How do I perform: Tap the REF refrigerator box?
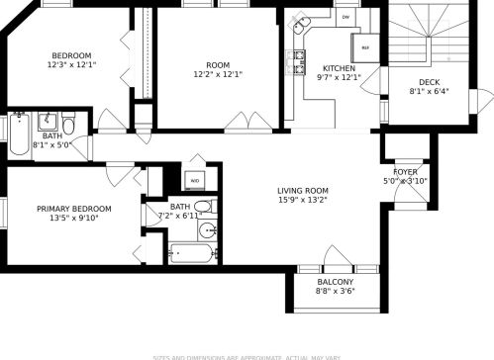pyautogui.click(x=365, y=46)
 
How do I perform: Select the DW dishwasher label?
pyautogui.click(x=346, y=18)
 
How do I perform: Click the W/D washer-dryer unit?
pyautogui.click(x=194, y=181)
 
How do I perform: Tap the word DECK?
pyautogui.click(x=430, y=82)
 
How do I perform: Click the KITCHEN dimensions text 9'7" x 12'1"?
pyautogui.click(x=339, y=77)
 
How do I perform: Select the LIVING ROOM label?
pyautogui.click(x=302, y=191)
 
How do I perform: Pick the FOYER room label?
pyautogui.click(x=405, y=171)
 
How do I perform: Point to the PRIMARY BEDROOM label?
pyautogui.click(x=73, y=209)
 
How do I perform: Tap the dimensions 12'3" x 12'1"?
pyautogui.click(x=71, y=64)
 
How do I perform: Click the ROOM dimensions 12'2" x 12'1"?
pyautogui.click(x=218, y=73)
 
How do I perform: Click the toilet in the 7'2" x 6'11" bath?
pyautogui.click(x=203, y=208)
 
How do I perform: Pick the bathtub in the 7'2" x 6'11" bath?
pyautogui.click(x=191, y=254)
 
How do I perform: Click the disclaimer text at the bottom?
pyautogui.click(x=247, y=356)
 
